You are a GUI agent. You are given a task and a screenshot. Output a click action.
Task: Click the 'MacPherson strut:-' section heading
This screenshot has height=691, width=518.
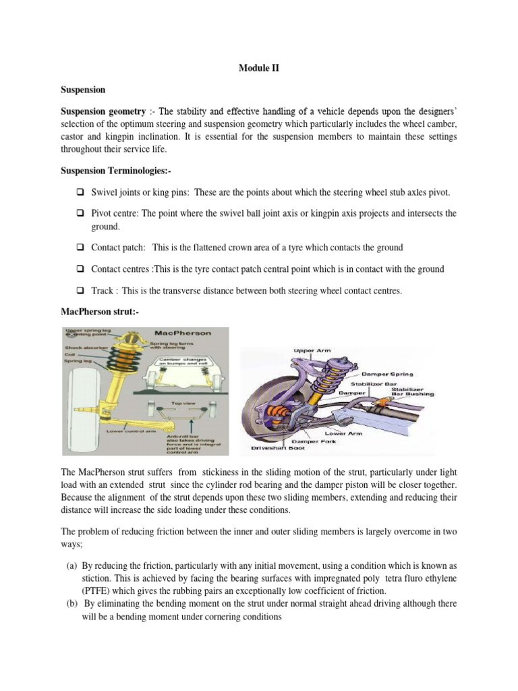coord(98,310)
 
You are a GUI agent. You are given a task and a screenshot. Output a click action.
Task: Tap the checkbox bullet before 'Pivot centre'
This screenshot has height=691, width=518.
coord(80,213)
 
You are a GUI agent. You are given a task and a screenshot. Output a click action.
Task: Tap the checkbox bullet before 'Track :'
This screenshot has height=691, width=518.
coord(80,291)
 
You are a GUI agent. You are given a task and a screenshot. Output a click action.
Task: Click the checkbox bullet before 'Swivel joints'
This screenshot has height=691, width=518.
coord(80,192)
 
